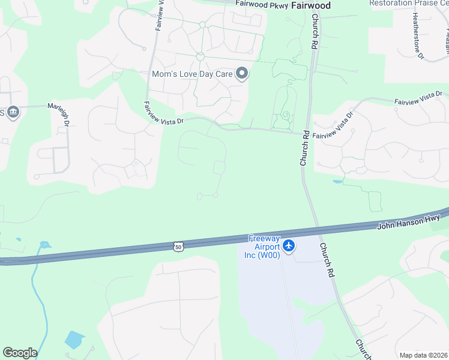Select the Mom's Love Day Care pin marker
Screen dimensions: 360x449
(x=242, y=74)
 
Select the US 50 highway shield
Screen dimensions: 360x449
(x=178, y=246)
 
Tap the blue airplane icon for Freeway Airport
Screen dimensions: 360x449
(x=289, y=246)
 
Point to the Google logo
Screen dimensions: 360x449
(x=20, y=353)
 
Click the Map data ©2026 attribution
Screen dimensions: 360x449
(x=423, y=355)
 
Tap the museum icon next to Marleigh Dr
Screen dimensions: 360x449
(x=13, y=112)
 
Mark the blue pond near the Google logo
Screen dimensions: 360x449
(x=74, y=340)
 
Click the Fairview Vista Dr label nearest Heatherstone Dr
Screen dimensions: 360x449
(x=418, y=98)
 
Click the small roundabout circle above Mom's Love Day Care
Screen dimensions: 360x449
(x=200, y=56)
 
